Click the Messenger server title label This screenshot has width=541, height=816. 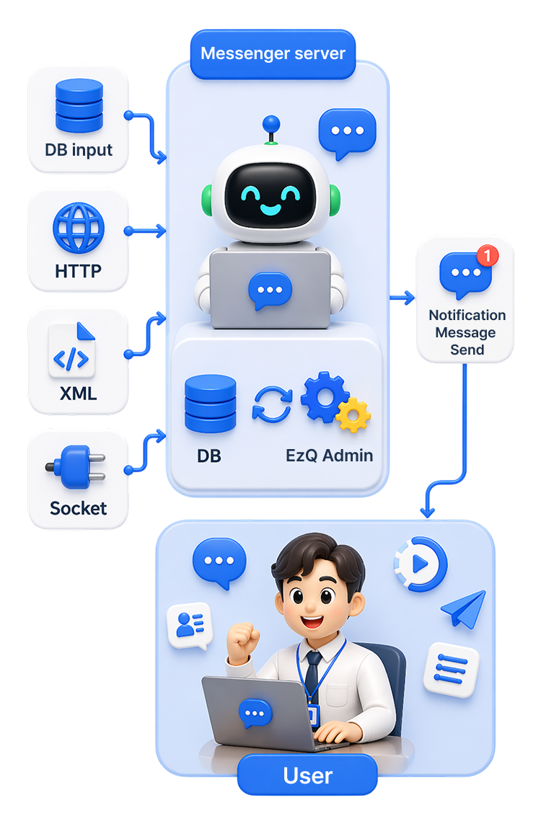pos(273,53)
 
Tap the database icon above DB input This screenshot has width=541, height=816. pos(79,105)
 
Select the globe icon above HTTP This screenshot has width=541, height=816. pos(79,228)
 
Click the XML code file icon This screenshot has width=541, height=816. pos(72,350)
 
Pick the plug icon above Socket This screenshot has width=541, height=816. pos(76,467)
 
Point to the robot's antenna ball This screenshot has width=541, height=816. pos(270,125)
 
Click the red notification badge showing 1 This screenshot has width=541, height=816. pos(488,255)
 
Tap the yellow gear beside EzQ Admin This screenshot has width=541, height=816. pos(353,414)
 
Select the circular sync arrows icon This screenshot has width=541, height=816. pos(273,404)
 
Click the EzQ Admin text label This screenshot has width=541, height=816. pos(329,456)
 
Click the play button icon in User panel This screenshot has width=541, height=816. pos(421,564)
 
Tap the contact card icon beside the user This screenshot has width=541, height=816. pos(190,626)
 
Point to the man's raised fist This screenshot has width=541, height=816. pos(242,642)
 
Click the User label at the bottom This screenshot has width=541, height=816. pos(307,776)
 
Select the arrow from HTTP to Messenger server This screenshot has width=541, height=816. pos(145,231)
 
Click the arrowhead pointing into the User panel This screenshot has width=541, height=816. pos(428,512)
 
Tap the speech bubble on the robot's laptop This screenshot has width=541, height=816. pos(270,291)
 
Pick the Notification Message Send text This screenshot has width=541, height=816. pos(467,332)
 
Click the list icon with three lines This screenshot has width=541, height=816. pos(450,669)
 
